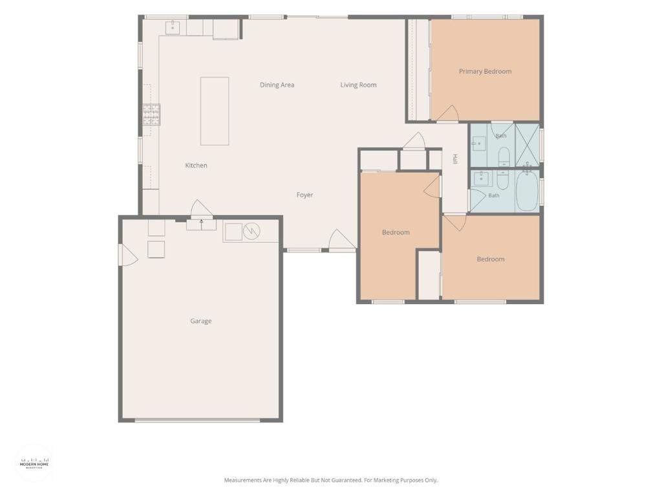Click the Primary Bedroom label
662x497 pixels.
click(x=485, y=71)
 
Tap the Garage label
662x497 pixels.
click(x=200, y=321)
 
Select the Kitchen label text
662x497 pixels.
click(x=196, y=165)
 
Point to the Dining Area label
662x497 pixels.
click(x=277, y=85)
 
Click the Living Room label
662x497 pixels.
click(x=358, y=85)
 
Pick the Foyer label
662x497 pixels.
click(x=305, y=195)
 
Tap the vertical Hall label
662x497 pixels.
click(x=455, y=159)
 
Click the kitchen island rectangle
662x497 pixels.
click(x=215, y=111)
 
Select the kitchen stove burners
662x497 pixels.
click(x=151, y=114)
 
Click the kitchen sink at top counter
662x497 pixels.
click(x=173, y=27)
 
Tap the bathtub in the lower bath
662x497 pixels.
click(x=526, y=191)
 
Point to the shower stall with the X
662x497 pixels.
click(x=527, y=145)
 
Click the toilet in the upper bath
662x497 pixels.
click(x=504, y=157)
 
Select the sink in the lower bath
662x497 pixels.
click(x=480, y=179)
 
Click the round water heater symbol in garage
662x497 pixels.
click(x=251, y=231)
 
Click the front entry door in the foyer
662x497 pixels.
click(x=341, y=240)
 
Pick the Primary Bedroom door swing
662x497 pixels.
click(x=447, y=114)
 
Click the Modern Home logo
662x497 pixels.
click(x=35, y=463)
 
